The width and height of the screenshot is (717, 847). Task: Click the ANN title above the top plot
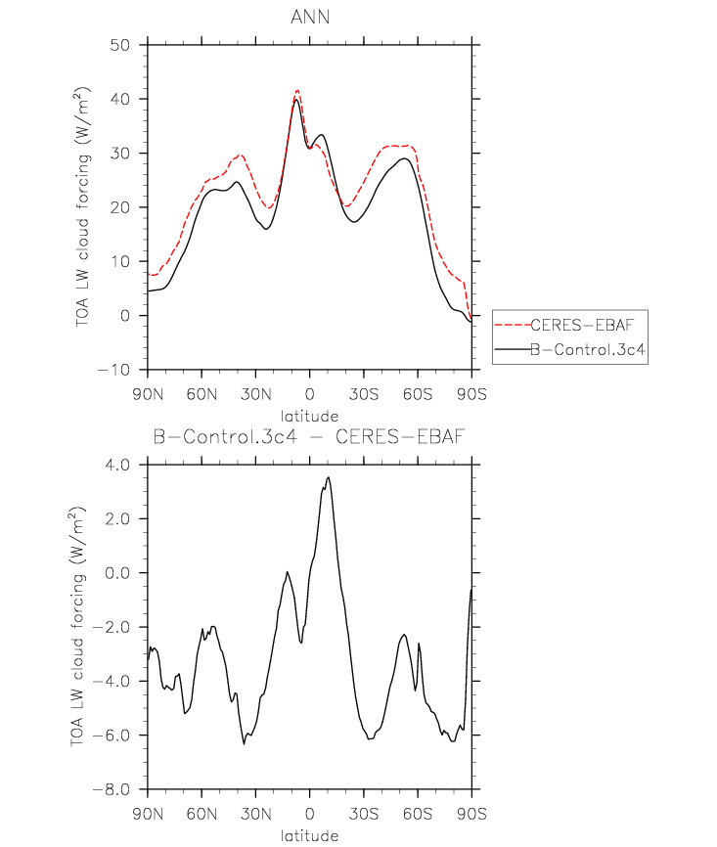[x=309, y=17]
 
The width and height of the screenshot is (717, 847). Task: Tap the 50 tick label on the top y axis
[x=121, y=45]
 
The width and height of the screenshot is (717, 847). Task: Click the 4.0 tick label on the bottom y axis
[x=118, y=465]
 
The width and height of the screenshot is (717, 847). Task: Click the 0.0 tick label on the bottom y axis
[x=118, y=573]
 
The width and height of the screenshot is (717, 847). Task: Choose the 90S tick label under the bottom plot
[x=472, y=812]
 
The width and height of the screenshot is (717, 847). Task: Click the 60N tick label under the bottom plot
[x=202, y=812]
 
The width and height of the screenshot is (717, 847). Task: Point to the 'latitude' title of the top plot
[x=309, y=415]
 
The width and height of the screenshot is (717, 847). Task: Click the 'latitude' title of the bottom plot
[x=309, y=836]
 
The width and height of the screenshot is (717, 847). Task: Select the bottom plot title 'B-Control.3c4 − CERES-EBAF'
[x=309, y=439]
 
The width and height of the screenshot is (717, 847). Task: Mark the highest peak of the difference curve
[x=329, y=477]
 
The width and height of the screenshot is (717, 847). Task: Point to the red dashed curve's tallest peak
[x=297, y=90]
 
